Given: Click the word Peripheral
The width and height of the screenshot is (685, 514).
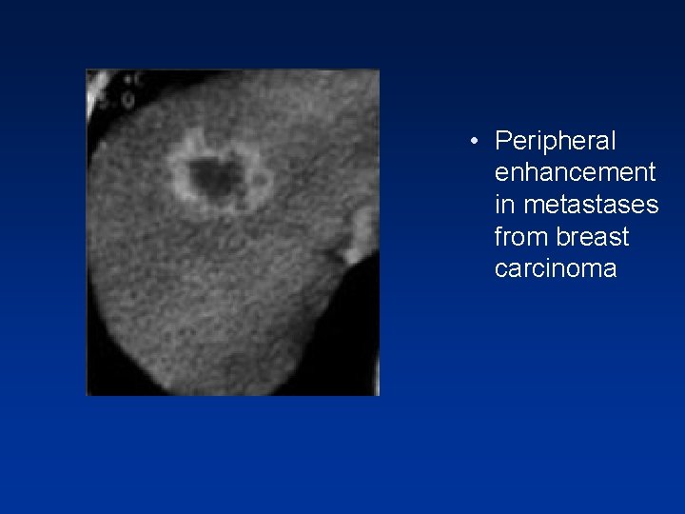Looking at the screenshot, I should [x=556, y=142].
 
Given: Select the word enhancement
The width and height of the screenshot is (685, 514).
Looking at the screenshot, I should [x=575, y=173].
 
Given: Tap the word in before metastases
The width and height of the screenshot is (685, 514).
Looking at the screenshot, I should [x=503, y=205].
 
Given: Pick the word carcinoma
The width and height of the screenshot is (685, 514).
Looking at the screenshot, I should [x=556, y=268].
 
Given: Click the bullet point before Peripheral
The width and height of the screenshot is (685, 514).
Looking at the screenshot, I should [x=473, y=143].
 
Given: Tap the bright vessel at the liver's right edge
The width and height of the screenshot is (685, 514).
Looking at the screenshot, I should [x=361, y=234].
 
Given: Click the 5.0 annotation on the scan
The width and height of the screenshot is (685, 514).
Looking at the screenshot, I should [x=124, y=97].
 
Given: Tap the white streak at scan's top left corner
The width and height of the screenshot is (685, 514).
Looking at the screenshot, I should [x=94, y=91].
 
